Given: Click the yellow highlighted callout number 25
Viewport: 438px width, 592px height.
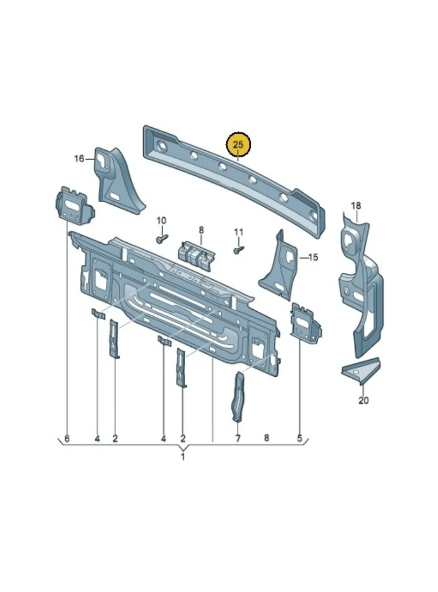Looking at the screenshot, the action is [x=238, y=145].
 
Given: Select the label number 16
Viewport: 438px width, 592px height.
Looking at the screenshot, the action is [x=79, y=159].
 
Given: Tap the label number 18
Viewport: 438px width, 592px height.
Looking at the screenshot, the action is [x=356, y=206].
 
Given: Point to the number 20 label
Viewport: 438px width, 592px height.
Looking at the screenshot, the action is [x=363, y=400].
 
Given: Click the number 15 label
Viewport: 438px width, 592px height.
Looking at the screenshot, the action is [x=313, y=258].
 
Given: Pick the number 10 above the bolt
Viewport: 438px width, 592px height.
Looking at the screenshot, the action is [x=161, y=221].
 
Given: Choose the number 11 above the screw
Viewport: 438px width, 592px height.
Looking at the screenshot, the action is [x=238, y=232].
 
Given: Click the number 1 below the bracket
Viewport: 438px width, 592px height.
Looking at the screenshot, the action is [x=183, y=457].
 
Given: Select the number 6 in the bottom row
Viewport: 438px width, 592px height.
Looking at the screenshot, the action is [x=67, y=438].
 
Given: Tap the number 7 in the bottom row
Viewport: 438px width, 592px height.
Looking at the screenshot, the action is [x=238, y=438].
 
